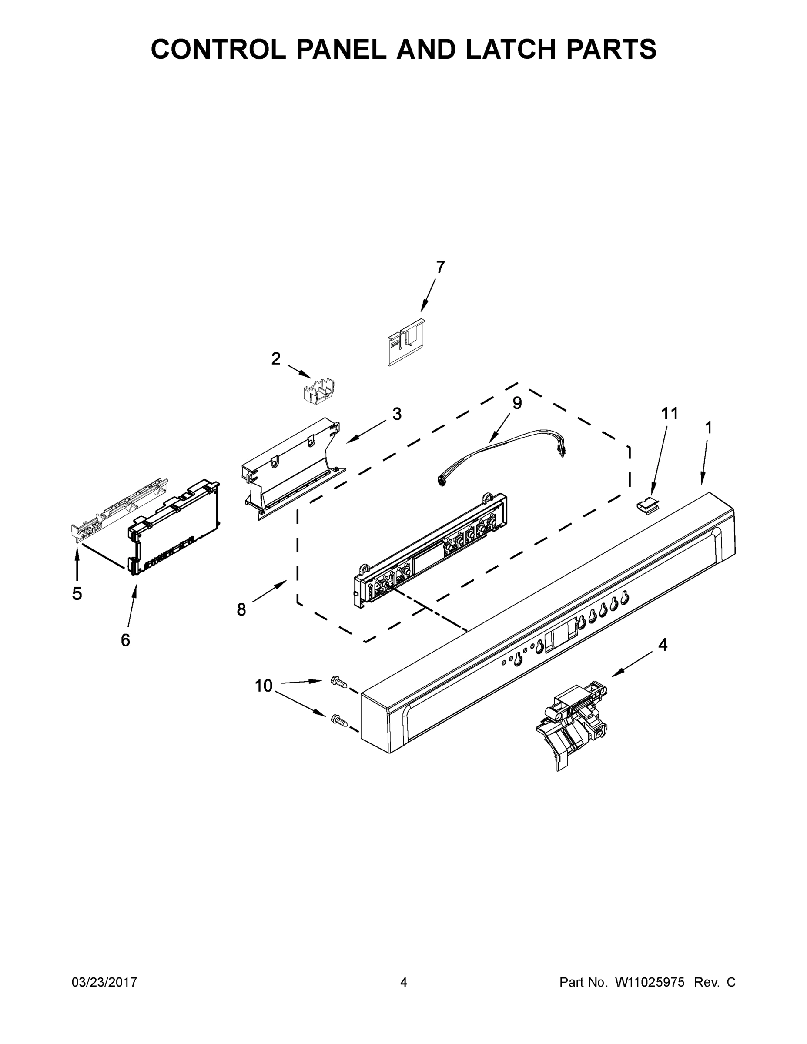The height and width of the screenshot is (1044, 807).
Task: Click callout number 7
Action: [440, 267]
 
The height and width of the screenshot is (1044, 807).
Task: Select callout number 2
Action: [276, 358]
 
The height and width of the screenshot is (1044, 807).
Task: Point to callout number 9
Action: [517, 403]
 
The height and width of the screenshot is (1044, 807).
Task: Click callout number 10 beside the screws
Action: [264, 686]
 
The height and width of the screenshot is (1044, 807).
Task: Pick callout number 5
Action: [77, 594]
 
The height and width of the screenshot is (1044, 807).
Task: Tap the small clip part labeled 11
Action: [648, 505]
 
